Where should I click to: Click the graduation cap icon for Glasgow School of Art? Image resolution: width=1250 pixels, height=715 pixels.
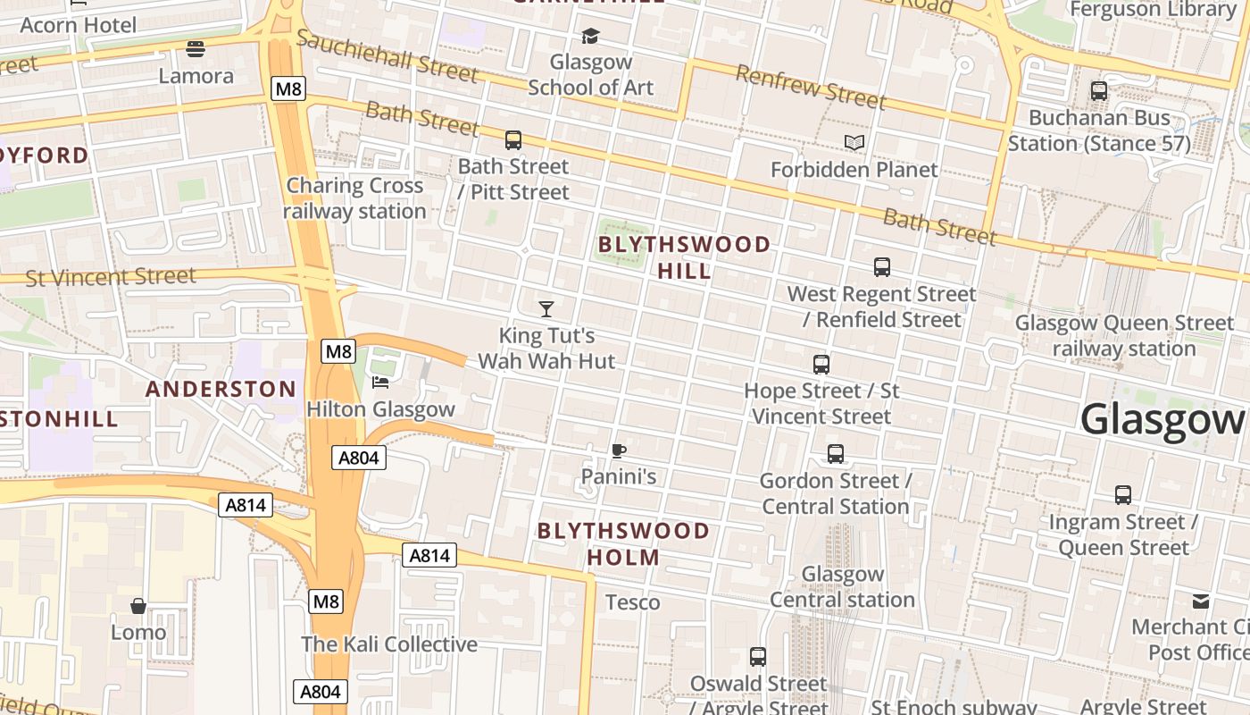click(x=590, y=36)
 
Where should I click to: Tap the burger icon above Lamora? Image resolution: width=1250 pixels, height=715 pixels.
click(x=196, y=48)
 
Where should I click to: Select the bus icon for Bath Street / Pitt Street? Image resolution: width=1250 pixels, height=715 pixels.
click(x=512, y=139)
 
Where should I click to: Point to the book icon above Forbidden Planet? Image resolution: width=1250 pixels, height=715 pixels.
click(x=854, y=143)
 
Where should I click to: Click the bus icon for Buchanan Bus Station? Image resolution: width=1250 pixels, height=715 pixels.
click(x=1099, y=91)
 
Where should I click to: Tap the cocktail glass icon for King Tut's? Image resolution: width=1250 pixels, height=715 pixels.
click(x=546, y=309)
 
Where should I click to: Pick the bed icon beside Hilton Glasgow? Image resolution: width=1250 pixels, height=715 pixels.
click(x=380, y=383)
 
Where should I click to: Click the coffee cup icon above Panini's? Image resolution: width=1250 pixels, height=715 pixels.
click(x=618, y=450)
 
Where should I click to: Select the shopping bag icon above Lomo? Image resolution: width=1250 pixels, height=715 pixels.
click(x=138, y=606)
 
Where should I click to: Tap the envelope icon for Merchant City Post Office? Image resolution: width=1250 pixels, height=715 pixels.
click(x=1201, y=601)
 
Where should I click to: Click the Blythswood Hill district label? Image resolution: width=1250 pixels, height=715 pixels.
click(x=684, y=257)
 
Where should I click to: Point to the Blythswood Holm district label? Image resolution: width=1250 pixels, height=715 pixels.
click(x=623, y=544)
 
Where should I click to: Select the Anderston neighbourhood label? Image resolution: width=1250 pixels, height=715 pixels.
click(x=221, y=389)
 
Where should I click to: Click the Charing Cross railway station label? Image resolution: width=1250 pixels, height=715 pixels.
click(x=354, y=198)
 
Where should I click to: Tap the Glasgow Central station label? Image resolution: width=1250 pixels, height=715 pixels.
click(x=842, y=586)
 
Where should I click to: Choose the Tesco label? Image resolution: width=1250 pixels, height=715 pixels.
click(x=633, y=602)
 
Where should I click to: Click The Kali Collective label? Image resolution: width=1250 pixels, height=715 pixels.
click(x=389, y=644)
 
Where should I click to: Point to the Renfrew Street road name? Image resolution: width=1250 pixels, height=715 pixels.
click(x=810, y=86)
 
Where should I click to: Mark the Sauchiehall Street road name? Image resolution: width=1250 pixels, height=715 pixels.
click(x=387, y=55)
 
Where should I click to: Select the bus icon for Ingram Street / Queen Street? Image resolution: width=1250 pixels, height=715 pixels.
click(x=1123, y=494)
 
